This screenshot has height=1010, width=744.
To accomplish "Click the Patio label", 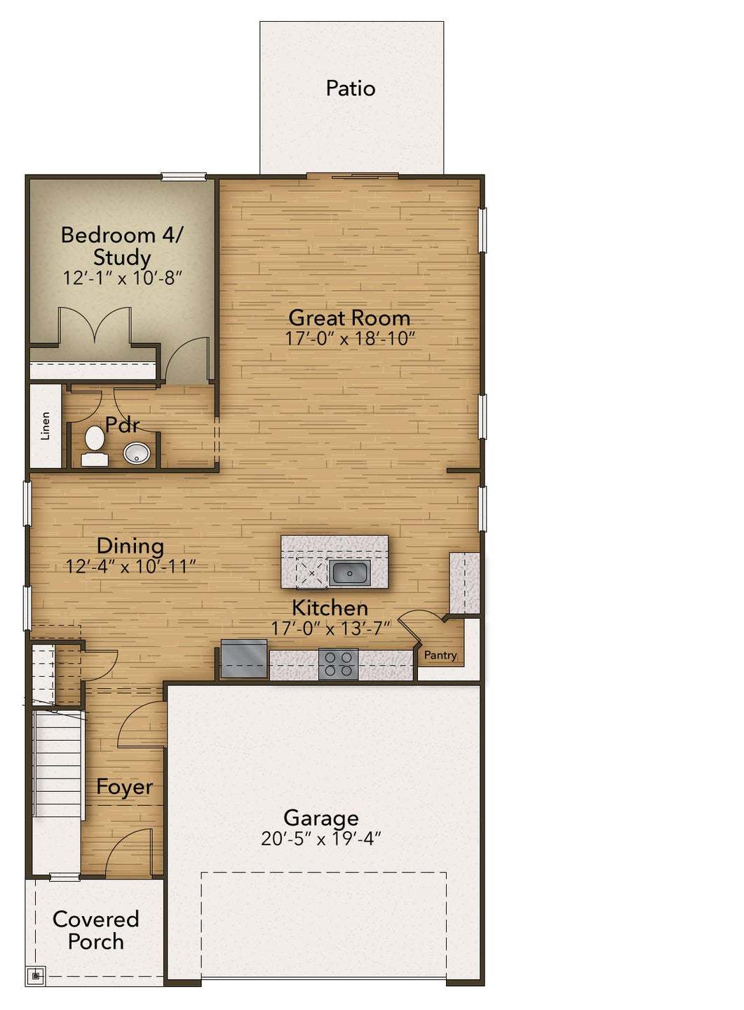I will pos(351,88).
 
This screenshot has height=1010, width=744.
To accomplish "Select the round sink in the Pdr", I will pos(137,453).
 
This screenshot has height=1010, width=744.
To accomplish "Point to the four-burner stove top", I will pos(338,664).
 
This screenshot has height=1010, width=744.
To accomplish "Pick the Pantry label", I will pos(440,655).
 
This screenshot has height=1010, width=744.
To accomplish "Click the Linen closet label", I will pos(46,426).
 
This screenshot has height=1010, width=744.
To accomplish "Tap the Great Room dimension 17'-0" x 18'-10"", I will pos(349,339).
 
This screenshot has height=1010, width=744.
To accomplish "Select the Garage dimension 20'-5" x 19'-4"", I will pos(320,839).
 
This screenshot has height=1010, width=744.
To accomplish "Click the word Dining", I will pos(130,546).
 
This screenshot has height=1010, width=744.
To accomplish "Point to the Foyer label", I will pos(124,787).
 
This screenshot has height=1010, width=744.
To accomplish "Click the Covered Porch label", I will pos(95,930).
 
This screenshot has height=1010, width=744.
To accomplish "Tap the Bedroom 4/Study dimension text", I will pos(123,278).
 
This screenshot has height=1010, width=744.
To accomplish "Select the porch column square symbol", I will pos(36,976).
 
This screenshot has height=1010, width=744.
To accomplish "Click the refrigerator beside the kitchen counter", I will pos(243,659).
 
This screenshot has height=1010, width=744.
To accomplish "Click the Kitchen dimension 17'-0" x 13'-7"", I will pos(330,629).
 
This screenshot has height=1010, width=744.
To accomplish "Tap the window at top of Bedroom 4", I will pos(184,177).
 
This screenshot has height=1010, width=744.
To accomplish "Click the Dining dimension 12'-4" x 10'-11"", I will pos(130,567).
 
